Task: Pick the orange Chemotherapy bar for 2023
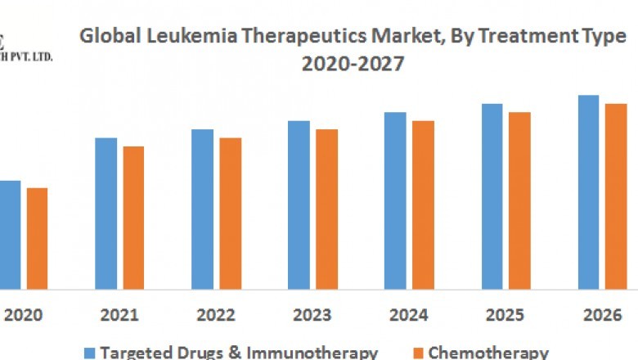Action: click(326, 209)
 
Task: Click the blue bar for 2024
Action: click(395, 200)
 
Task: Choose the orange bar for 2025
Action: click(519, 200)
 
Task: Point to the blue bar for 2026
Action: click(589, 192)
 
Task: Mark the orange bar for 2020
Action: click(37, 238)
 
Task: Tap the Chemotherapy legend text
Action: click(488, 353)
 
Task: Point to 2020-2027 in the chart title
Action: click(353, 64)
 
